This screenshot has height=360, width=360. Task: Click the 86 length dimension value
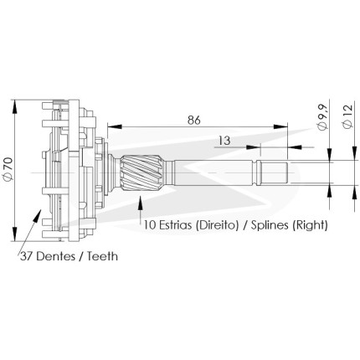194,120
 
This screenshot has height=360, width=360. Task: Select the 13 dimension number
224,141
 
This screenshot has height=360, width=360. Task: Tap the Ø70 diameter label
8,168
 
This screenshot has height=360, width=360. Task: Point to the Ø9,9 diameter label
322,118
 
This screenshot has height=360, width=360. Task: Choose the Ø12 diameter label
348,116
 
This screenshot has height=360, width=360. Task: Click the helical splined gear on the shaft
141,173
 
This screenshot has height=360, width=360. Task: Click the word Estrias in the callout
176,225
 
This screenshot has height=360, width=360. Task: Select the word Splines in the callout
270,225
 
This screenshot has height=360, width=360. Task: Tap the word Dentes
56,256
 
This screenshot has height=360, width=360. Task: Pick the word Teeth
102,256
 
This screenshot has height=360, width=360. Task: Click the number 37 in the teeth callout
27,256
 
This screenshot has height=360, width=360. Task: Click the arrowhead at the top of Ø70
14,106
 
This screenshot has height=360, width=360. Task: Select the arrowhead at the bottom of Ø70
14,234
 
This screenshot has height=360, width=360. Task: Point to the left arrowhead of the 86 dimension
115,126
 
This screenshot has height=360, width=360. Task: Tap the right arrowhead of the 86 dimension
280,126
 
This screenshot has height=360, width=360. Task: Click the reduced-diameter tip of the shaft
273,173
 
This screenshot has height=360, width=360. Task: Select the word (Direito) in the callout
217,225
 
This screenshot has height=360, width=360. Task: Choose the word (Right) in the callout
310,225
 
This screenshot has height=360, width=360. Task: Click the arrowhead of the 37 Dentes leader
37,215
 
